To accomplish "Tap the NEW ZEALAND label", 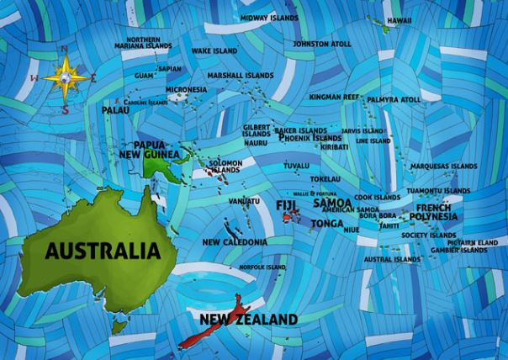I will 247,319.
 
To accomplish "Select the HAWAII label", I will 399,20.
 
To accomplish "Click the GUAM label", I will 145,75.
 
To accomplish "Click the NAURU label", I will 256,143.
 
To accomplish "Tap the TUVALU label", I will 296,166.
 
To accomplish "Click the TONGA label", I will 326,224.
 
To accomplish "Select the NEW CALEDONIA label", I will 235,241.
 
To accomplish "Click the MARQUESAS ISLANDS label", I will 443,166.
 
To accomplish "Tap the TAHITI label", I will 389,225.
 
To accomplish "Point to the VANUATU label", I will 244,201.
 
